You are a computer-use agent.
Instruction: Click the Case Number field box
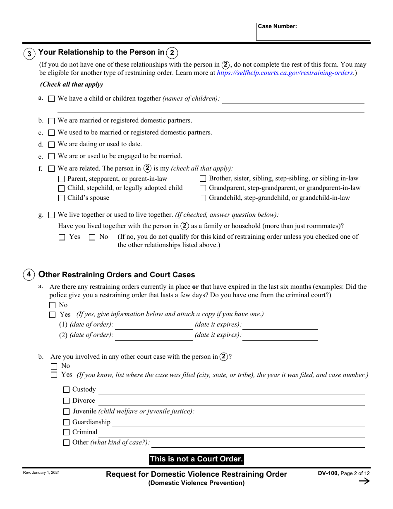coord(313,32)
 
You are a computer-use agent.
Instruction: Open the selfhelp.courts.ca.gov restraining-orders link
coord(285,73)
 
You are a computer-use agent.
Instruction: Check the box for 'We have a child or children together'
coord(51,99)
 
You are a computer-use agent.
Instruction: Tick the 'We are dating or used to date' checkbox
coord(51,144)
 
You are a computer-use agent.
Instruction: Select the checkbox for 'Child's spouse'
coord(61,198)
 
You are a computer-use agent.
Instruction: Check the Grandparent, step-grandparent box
coord(203,188)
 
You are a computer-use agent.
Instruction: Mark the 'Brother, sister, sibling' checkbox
coord(203,179)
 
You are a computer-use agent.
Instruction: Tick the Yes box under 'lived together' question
coord(62,237)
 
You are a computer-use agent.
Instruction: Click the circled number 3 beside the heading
coord(29,54)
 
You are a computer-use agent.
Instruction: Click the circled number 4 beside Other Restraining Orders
coord(29,275)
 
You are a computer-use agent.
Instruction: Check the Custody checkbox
coord(66,390)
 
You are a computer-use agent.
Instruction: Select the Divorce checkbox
coord(66,401)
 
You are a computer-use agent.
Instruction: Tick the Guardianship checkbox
coord(66,423)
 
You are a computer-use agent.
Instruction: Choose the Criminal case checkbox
coord(66,432)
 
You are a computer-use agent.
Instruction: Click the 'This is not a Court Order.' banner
coord(196,459)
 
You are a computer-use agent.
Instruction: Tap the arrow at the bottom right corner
coord(364,481)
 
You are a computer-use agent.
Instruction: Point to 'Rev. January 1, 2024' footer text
coord(41,473)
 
